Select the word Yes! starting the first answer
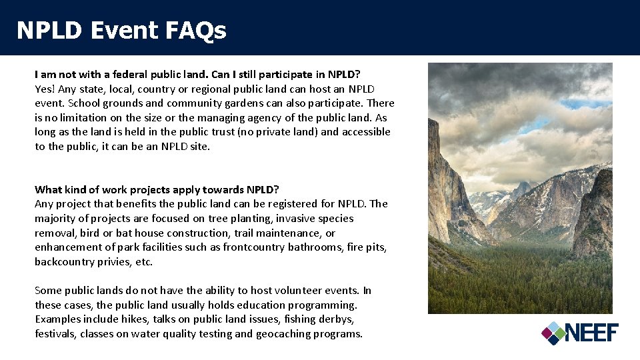click(45, 89)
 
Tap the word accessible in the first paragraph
click(365, 132)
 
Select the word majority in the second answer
click(56, 219)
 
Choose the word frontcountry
click(253, 247)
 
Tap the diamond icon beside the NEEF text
click(553, 333)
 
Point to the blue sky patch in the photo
click(587, 103)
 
